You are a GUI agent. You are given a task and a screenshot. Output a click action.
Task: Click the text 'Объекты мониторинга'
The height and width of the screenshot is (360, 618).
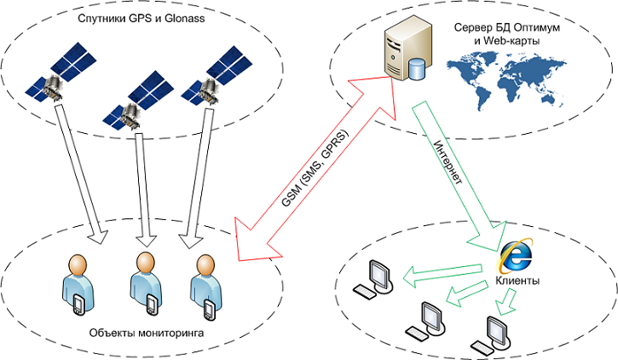[x=146, y=332]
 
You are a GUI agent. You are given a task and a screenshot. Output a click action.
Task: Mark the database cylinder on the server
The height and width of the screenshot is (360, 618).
[x=417, y=68]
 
